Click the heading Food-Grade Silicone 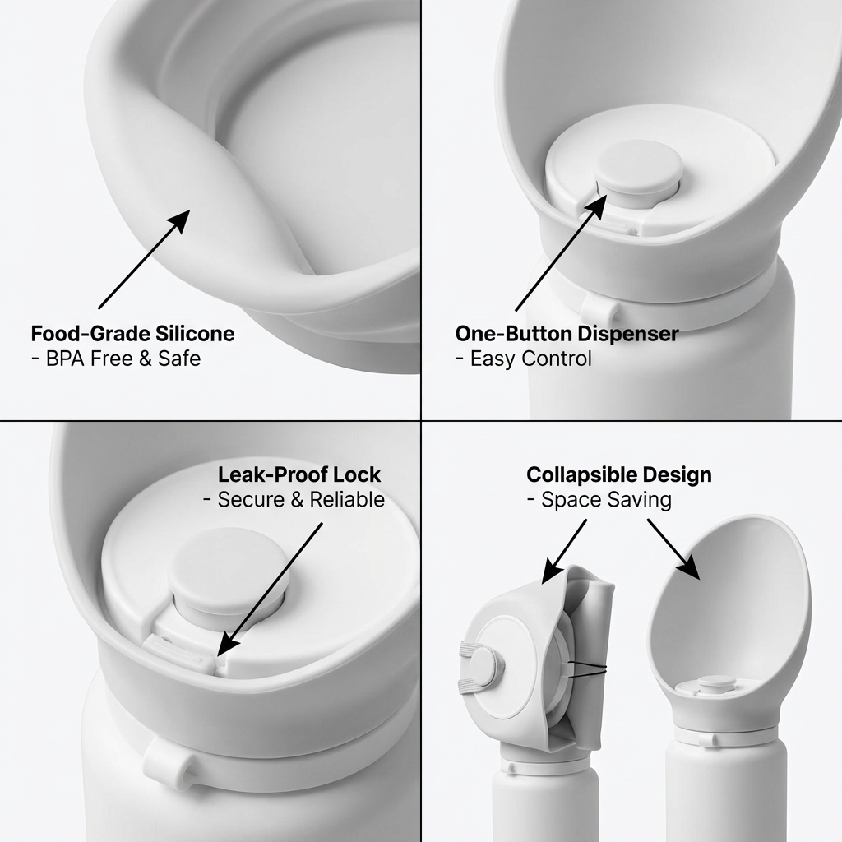[x=132, y=334]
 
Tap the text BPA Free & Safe [x=123, y=359]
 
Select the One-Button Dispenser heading [x=567, y=334]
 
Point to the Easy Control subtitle [x=531, y=359]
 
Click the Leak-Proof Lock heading [x=299, y=474]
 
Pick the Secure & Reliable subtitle [x=301, y=500]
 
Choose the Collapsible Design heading [x=619, y=474]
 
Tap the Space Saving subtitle [x=606, y=500]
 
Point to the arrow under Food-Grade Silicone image [x=145, y=259]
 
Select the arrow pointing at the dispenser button [x=561, y=252]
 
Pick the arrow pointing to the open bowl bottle [x=673, y=549]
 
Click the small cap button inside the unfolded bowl [x=716, y=683]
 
